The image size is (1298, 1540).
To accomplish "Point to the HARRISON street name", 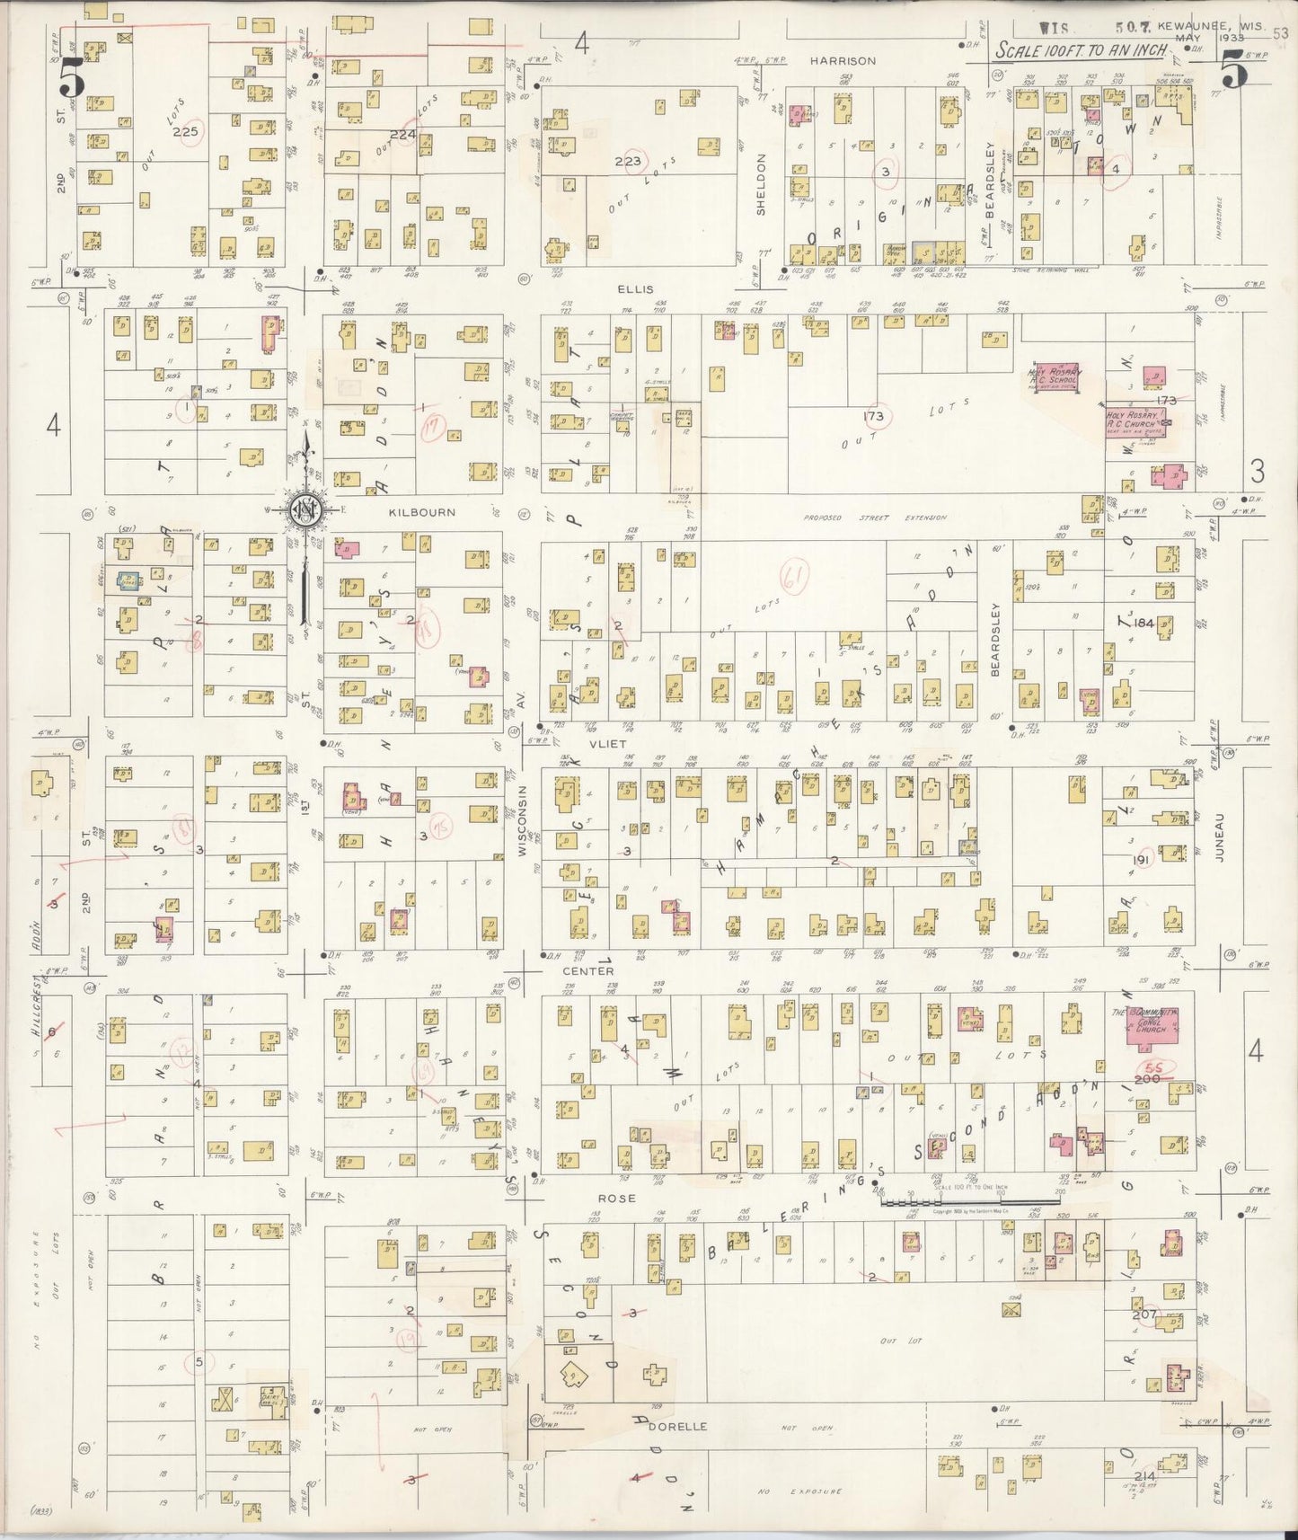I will (842, 61).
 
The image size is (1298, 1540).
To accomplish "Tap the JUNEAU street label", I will (1220, 845).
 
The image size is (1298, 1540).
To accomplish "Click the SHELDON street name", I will (761, 183).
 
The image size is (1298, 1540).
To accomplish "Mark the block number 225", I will (185, 132).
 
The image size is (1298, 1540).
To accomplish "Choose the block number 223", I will (627, 162).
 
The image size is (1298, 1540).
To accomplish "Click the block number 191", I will (1143, 860).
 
